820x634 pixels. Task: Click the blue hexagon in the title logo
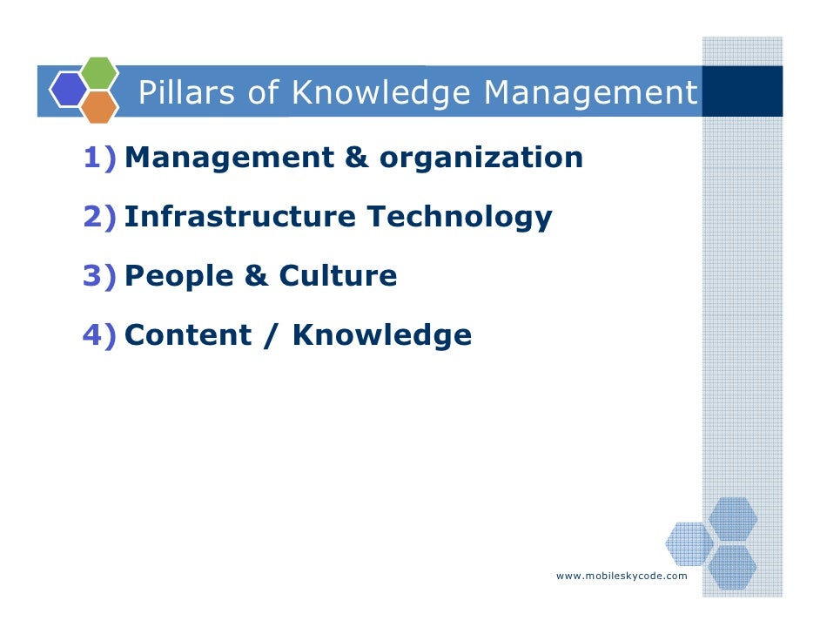pyautogui.click(x=67, y=89)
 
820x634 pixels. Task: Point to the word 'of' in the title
pyautogui.click(x=262, y=92)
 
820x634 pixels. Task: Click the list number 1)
pyautogui.click(x=100, y=158)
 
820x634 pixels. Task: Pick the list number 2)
pyautogui.click(x=100, y=217)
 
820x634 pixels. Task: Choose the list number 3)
pyautogui.click(x=100, y=276)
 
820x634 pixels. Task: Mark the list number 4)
pyautogui.click(x=100, y=334)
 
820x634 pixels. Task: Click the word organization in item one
pyautogui.click(x=481, y=158)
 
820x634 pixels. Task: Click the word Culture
pyautogui.click(x=338, y=276)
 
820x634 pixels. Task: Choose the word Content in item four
pyautogui.click(x=187, y=334)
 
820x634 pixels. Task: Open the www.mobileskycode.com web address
pyautogui.click(x=622, y=577)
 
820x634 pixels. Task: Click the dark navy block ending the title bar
pyautogui.click(x=742, y=91)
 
